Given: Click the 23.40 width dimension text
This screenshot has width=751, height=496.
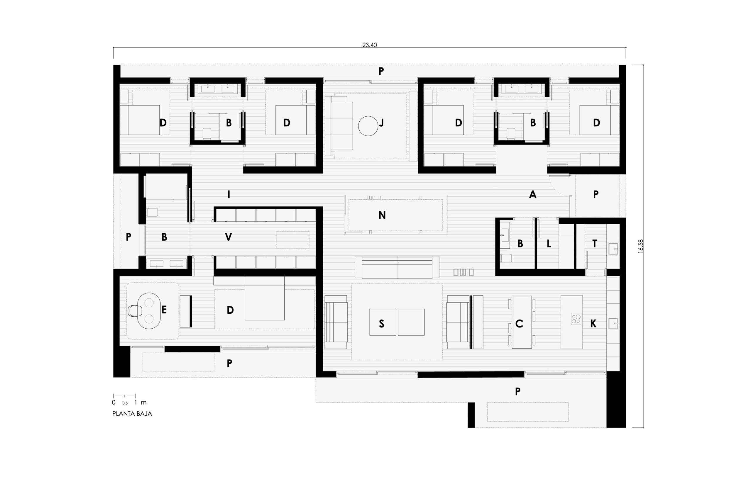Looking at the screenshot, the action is (x=369, y=45).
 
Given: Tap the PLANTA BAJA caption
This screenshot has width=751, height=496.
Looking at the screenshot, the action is (x=132, y=414).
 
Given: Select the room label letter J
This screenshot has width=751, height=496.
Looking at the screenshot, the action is (x=381, y=123).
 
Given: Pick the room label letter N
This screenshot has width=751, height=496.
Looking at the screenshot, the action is (x=382, y=215).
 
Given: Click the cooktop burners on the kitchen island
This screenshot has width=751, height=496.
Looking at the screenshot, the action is (x=576, y=319).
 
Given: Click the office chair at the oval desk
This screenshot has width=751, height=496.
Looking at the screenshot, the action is (x=135, y=311).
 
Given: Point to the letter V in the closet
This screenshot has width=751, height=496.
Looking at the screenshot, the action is (x=228, y=237).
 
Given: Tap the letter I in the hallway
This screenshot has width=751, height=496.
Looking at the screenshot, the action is (x=229, y=194).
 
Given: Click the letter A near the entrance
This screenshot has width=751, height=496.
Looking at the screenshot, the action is (x=533, y=195).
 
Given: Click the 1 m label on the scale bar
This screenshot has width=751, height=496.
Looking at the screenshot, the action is (x=140, y=402).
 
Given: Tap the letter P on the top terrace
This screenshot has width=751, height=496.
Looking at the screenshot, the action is (x=381, y=71).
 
